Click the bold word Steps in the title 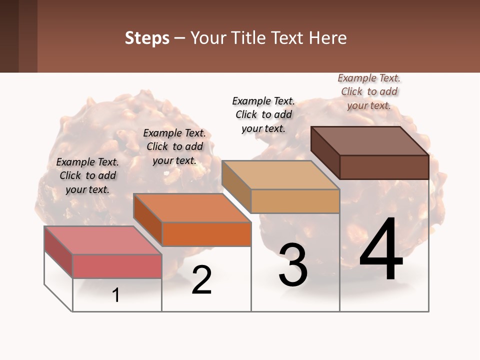click(147, 38)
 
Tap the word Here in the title click(328, 38)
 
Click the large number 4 click(381, 250)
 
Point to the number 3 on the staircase click(293, 265)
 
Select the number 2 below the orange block click(201, 280)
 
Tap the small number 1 click(116, 295)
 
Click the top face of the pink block click(103, 240)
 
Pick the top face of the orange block click(192, 208)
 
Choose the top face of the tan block click(280, 175)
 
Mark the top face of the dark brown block click(370, 140)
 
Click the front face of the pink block click(117, 266)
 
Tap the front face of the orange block click(206, 234)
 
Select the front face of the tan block click(295, 201)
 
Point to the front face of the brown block click(384, 167)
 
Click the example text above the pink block click(87, 175)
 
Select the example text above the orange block click(174, 146)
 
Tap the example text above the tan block click(263, 114)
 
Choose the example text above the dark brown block click(369, 91)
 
